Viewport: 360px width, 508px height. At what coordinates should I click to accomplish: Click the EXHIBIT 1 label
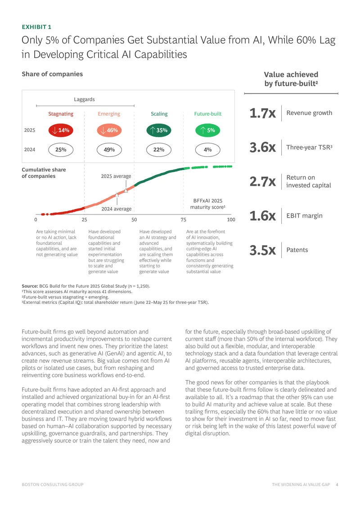pyautogui.click(x=36, y=27)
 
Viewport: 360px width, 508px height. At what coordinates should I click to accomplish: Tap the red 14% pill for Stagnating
pyautogui.click(x=61, y=130)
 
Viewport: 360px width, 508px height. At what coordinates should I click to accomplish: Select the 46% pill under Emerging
pyautogui.click(x=109, y=130)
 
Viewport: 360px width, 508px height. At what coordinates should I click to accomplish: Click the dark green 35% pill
pyautogui.click(x=159, y=130)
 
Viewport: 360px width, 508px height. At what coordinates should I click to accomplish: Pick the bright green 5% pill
pyautogui.click(x=207, y=130)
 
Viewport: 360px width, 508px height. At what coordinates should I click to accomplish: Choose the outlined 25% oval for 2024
pyautogui.click(x=61, y=150)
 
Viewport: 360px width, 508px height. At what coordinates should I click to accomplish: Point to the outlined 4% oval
pyautogui.click(x=207, y=150)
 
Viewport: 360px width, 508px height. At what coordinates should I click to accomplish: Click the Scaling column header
pyautogui.click(x=159, y=114)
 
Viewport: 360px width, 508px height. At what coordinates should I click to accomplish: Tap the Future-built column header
pyautogui.click(x=208, y=114)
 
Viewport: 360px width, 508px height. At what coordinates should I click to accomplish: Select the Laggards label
pyautogui.click(x=84, y=99)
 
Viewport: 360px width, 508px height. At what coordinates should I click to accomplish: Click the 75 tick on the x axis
pyautogui.click(x=184, y=220)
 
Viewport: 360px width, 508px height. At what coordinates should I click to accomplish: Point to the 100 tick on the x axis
pyautogui.click(x=231, y=220)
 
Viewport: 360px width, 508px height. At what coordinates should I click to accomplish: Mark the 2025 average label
pyautogui.click(x=116, y=176)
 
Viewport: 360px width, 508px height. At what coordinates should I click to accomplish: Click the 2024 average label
pyautogui.click(x=117, y=209)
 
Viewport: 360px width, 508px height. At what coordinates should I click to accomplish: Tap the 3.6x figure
pyautogui.click(x=262, y=147)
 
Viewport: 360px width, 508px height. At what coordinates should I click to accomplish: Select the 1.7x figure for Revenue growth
pyautogui.click(x=262, y=113)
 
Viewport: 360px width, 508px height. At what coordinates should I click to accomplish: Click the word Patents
pyautogui.click(x=297, y=250)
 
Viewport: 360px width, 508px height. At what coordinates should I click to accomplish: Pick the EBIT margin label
pyautogui.click(x=304, y=216)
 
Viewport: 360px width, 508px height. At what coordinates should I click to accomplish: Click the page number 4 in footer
pyautogui.click(x=337, y=485)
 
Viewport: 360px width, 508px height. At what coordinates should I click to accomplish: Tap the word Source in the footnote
pyautogui.click(x=30, y=286)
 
